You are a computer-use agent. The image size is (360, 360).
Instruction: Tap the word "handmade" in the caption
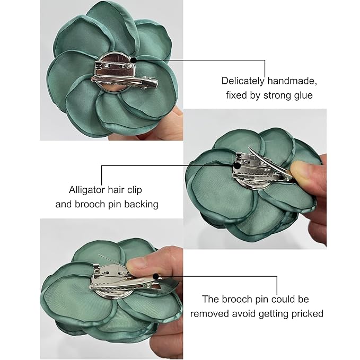point(290,81)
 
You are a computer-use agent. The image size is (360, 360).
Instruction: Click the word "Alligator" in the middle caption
point(88,189)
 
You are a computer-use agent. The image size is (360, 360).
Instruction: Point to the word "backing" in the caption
point(141,204)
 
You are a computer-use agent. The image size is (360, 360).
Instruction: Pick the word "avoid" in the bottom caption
point(242,313)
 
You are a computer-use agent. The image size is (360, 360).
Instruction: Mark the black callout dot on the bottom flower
point(155,276)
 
